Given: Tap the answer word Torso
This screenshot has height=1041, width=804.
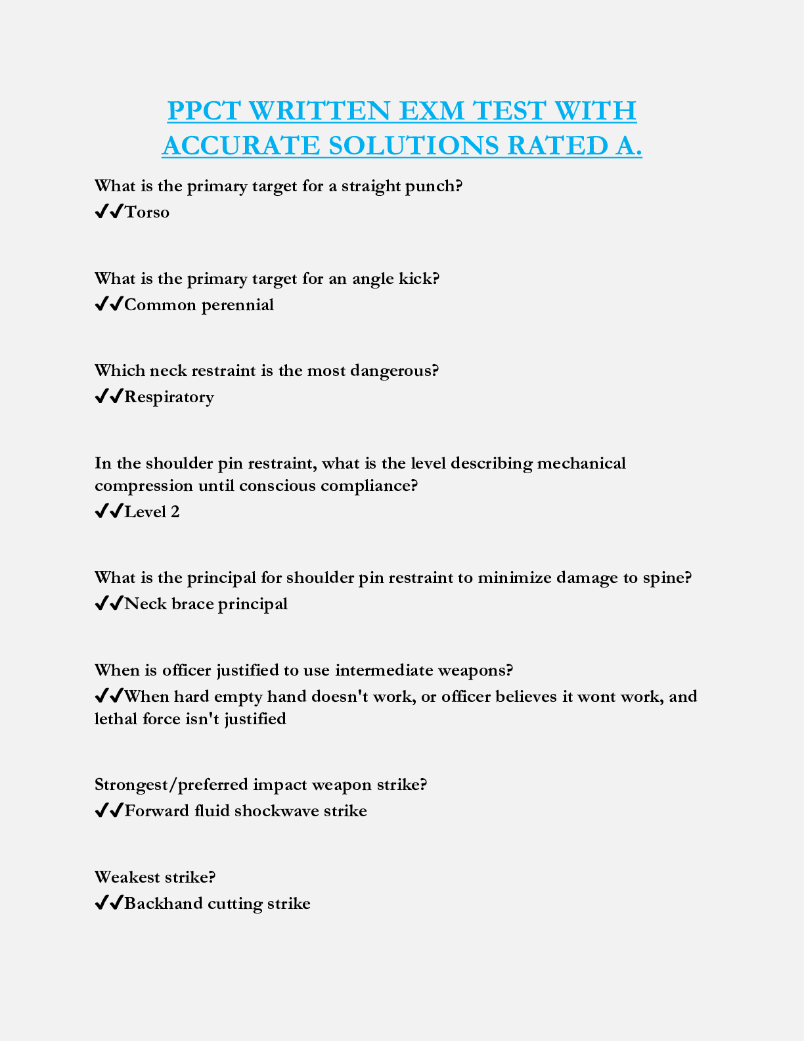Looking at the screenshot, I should pyautogui.click(x=147, y=212).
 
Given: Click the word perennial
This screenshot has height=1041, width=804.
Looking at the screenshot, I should pyautogui.click(x=238, y=305).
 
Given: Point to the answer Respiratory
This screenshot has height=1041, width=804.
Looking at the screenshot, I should pyautogui.click(x=169, y=397).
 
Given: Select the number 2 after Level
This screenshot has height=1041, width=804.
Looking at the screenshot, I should pyautogui.click(x=175, y=512).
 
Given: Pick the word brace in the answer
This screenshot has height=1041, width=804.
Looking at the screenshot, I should pyautogui.click(x=192, y=604).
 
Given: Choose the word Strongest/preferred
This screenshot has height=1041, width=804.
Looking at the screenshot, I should pyautogui.click(x=171, y=785).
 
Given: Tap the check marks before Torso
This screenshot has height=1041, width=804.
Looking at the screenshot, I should pyautogui.click(x=109, y=212).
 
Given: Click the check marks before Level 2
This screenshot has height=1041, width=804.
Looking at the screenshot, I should pyautogui.click(x=109, y=512).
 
